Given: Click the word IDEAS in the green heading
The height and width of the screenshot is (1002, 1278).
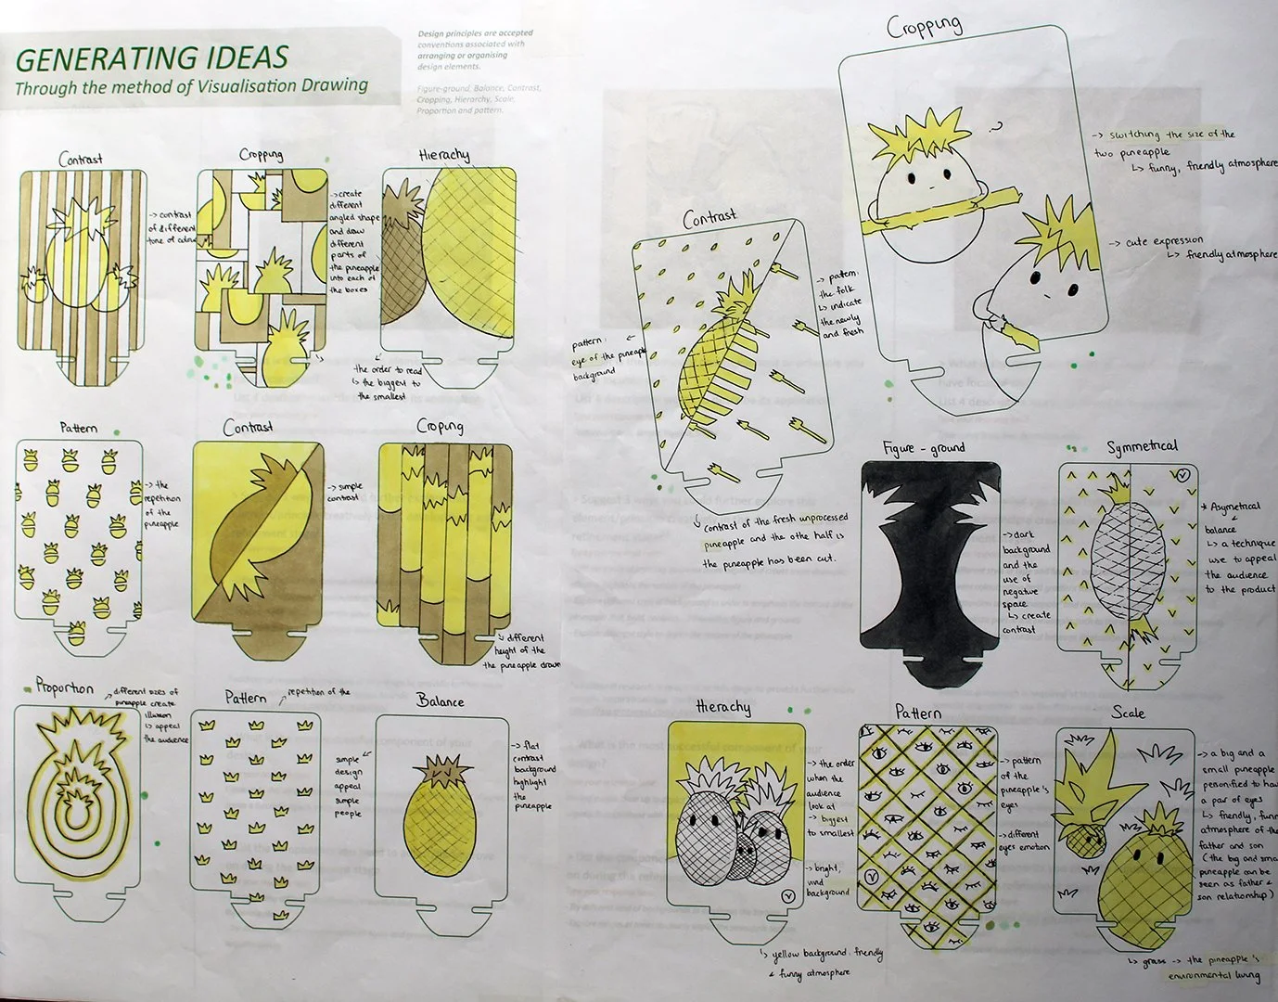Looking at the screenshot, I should (x=236, y=58).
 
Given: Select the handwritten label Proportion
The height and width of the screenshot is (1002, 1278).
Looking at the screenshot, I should (x=65, y=687).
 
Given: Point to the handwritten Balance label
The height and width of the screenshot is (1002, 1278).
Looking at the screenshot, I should (x=441, y=700).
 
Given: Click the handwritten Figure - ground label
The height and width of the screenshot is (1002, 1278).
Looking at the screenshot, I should (x=924, y=448).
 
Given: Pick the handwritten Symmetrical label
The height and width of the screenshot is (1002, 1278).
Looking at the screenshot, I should (x=1142, y=447).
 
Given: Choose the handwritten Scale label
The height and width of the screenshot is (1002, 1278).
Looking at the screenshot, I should (x=1128, y=713).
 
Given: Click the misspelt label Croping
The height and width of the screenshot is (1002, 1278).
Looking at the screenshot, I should (x=440, y=426).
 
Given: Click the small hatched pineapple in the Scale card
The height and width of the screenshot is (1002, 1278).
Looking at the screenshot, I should (x=1082, y=839).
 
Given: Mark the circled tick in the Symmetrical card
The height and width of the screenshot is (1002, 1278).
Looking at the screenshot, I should (x=1182, y=475).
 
